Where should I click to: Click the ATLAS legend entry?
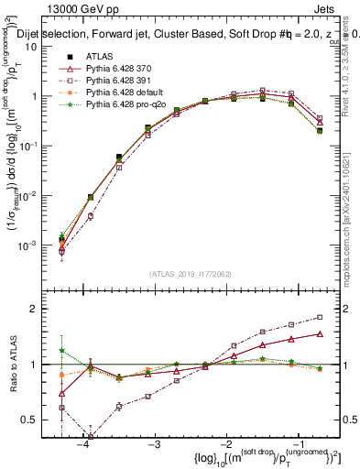coord(99,57)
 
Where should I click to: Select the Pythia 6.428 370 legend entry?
coord(119,70)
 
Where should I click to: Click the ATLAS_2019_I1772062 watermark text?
coord(190,274)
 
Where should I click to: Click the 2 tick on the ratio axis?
coord(44,309)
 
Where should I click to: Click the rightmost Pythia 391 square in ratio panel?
coord(319,317)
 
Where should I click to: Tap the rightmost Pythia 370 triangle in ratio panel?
coord(319,333)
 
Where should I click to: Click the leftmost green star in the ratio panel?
coord(61,351)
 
